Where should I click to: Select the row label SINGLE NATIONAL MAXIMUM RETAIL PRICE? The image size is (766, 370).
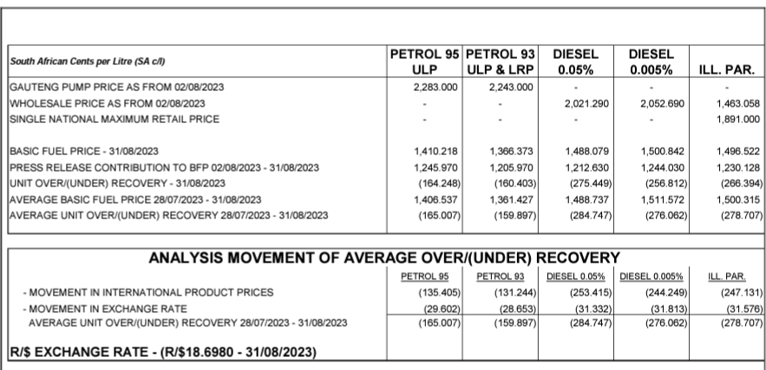coord(115,118)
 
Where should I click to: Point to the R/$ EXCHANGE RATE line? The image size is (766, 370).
coord(162,352)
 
